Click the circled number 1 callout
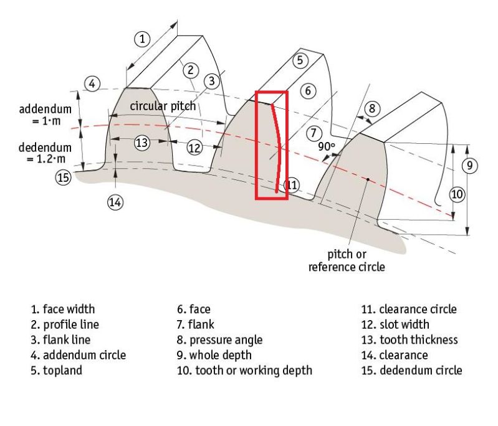pos(143,39)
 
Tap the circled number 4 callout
pos(92,83)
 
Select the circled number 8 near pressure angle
pos(371,108)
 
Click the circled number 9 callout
pos(470,165)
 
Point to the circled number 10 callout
pos(457,194)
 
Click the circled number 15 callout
pos(63,177)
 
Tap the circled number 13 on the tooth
pos(142,142)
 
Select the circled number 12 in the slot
pos(194,148)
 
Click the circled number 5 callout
pos(299,60)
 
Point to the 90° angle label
pos(326,147)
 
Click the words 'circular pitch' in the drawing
pos(163,106)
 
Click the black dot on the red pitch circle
pos(368,179)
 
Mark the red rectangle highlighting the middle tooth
pos(271,146)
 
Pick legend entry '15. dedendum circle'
pos(412,371)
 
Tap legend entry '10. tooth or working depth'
pos(245,371)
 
